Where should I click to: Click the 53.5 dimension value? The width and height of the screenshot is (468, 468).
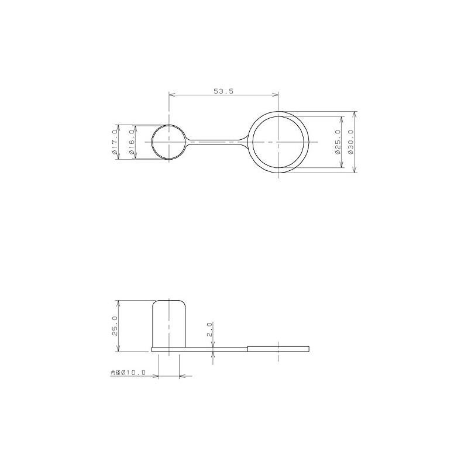tap(223, 91)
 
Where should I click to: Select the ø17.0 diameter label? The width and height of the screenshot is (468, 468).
tap(114, 142)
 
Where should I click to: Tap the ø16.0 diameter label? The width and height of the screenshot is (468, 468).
tap(131, 142)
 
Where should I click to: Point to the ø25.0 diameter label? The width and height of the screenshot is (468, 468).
tap(338, 142)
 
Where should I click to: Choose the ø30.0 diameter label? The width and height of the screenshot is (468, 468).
tap(350, 142)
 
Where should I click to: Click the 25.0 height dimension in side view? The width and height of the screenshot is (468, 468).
tap(115, 326)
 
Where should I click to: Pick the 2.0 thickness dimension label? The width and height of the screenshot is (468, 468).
tap(209, 329)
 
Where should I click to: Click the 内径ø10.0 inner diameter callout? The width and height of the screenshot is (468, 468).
tap(128, 373)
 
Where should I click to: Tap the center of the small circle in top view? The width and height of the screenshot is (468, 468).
tap(169, 142)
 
